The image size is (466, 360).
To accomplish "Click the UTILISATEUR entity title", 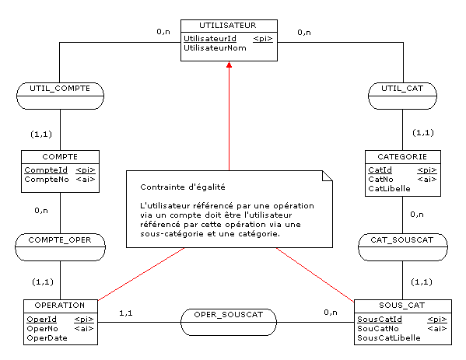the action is (228, 26).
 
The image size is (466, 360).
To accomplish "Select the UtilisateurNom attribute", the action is (215, 48).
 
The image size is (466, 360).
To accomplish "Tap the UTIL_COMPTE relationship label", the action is (60, 89).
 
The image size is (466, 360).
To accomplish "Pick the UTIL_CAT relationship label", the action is (402, 89).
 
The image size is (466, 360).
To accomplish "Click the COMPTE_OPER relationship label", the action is (60, 240).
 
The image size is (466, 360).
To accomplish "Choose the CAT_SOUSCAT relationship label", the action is (401, 240).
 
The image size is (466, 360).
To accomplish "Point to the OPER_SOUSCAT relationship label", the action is (229, 315).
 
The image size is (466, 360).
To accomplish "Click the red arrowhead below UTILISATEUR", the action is (229, 65).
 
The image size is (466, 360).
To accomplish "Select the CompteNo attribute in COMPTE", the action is (47, 180).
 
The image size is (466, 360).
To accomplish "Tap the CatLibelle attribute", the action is (389, 189).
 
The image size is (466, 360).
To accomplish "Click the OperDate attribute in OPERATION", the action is (47, 338).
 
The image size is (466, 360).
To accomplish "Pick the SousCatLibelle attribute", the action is (389, 338).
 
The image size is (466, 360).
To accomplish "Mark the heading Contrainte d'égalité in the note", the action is (183, 187).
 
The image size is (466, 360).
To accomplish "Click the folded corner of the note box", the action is (328, 176).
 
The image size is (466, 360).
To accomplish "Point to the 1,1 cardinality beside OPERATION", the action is (126, 313).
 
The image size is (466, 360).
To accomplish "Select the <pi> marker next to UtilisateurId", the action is (263, 39).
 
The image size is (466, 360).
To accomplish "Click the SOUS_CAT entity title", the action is (401, 306).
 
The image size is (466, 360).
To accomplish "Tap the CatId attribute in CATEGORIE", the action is (380, 170).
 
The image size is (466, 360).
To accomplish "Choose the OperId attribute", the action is (41, 320).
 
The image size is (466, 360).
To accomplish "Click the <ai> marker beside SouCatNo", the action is (437, 329).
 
